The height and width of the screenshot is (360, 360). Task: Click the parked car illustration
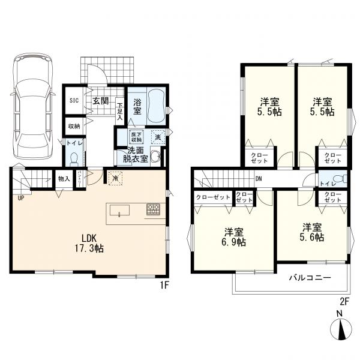pyautogui.click(x=33, y=106)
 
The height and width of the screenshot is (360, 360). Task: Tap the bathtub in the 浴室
pyautogui.click(x=157, y=107)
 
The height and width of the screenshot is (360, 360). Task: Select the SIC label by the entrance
pyautogui.click(x=74, y=100)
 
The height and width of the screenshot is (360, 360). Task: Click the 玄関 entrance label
pyautogui.click(x=101, y=101)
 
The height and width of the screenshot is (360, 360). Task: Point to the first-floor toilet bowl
pyautogui.click(x=74, y=159)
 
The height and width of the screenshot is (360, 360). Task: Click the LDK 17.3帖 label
pyautogui.click(x=89, y=243)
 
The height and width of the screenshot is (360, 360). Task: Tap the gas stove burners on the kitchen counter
pyautogui.click(x=154, y=209)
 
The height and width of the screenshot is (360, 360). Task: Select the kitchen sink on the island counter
pyautogui.click(x=119, y=211)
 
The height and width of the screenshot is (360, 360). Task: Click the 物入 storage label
pyautogui.click(x=64, y=179)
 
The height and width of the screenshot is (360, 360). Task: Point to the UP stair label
pyautogui.click(x=21, y=198)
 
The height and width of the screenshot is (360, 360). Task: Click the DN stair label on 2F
pyautogui.click(x=259, y=179)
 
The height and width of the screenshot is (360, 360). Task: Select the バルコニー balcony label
pyautogui.click(x=310, y=278)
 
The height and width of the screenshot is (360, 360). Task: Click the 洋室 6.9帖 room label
pyautogui.click(x=235, y=237)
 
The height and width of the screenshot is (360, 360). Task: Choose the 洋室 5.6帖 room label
pyautogui.click(x=312, y=232)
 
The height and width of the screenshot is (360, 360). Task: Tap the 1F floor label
pyautogui.click(x=164, y=285)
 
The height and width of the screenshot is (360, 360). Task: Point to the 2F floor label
pyautogui.click(x=344, y=301)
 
